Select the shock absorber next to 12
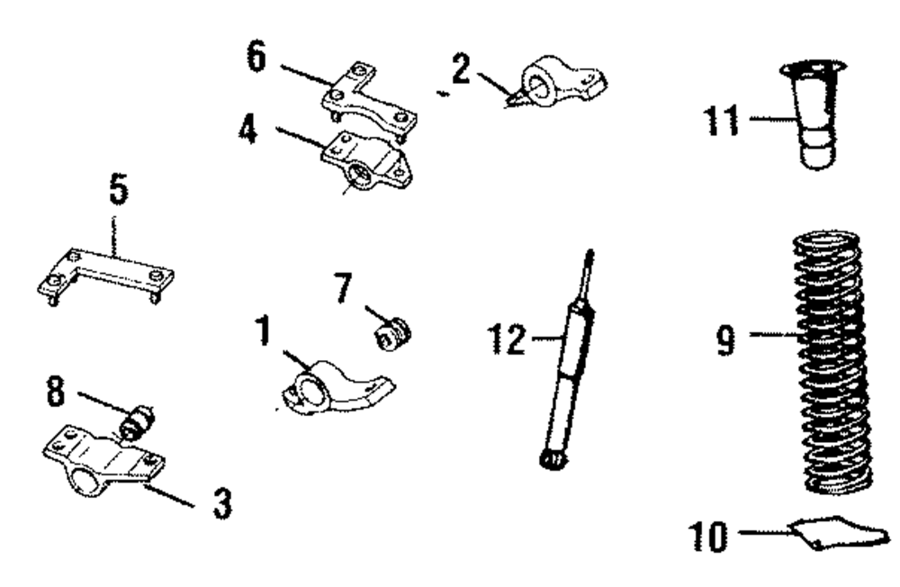click(567, 378)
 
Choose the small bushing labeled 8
click(139, 420)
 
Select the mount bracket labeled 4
click(367, 162)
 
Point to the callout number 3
click(220, 503)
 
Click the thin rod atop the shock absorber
click(589, 274)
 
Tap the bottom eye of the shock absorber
click(552, 460)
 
